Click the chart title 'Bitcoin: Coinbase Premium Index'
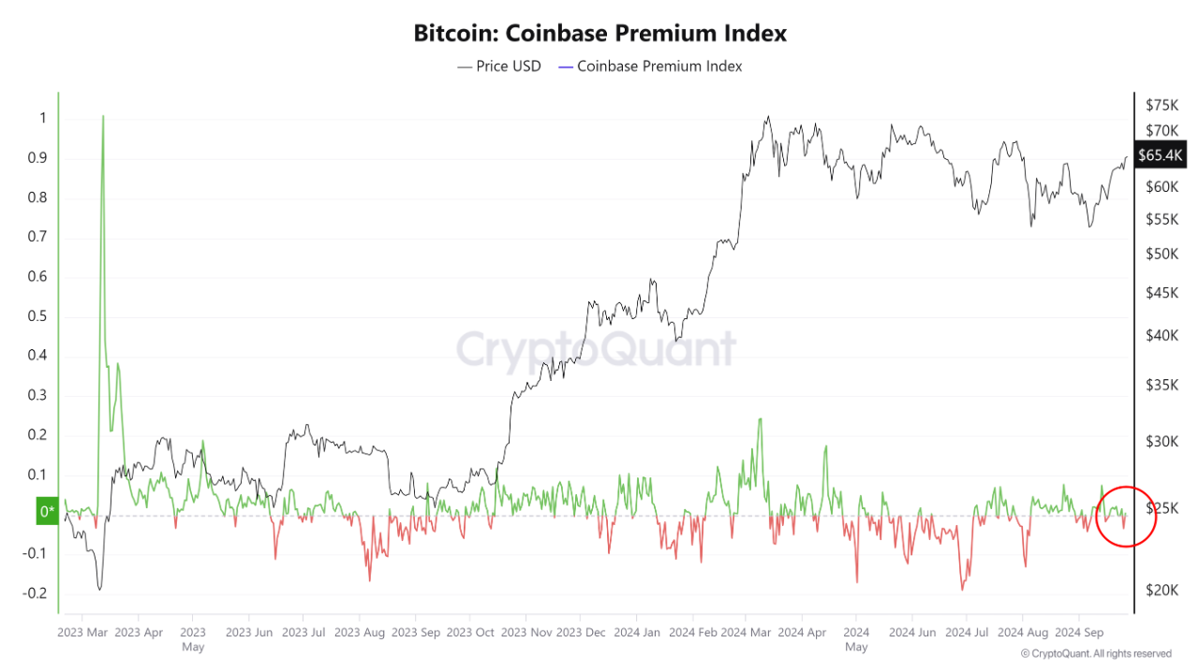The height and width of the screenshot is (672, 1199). tap(599, 34)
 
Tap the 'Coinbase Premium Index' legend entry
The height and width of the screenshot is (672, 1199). tap(650, 66)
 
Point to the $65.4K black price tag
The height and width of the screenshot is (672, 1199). tap(1161, 156)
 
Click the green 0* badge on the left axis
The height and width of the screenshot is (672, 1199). tap(47, 512)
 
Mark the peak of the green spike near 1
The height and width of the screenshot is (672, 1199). tap(103, 116)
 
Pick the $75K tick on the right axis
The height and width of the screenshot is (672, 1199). tap(1162, 104)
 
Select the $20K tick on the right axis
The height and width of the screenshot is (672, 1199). tap(1162, 590)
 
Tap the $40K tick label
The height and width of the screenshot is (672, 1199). tap(1162, 335)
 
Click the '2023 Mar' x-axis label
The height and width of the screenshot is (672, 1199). tap(82, 632)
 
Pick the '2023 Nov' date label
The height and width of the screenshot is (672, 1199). tap(525, 632)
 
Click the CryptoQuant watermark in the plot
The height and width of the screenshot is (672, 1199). tap(596, 350)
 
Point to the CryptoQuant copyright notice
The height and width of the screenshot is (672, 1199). tap(1096, 653)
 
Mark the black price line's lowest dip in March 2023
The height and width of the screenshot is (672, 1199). tap(99, 589)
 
